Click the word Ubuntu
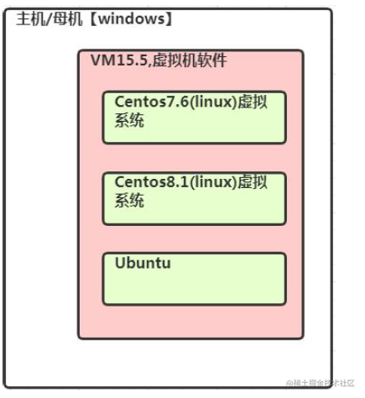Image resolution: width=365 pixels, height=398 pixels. pyautogui.click(x=143, y=264)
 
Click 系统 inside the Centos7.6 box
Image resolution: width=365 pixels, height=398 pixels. pyautogui.click(x=129, y=120)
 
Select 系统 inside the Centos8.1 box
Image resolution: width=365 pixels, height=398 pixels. pyautogui.click(x=129, y=202)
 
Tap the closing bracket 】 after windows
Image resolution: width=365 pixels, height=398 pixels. pyautogui.click(x=169, y=18)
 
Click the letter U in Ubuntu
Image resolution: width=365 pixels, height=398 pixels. pyautogui.click(x=120, y=264)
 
